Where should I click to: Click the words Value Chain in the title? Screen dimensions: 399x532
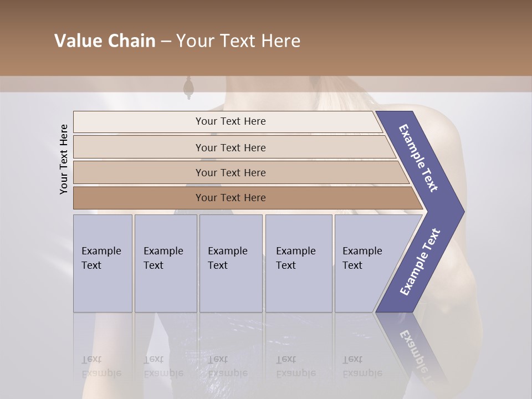[105, 41]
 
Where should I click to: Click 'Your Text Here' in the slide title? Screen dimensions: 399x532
[238, 41]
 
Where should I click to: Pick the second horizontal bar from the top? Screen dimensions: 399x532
[230, 147]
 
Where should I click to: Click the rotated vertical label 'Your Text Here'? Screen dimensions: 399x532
[64, 160]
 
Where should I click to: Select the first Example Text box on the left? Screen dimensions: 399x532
[103, 263]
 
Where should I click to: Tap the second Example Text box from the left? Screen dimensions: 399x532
[165, 263]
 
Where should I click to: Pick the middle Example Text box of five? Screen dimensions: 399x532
[231, 263]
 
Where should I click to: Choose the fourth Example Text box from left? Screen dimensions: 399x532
[298, 263]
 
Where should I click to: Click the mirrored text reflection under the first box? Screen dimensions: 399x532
[102, 366]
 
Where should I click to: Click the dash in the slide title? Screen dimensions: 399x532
[166, 41]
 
